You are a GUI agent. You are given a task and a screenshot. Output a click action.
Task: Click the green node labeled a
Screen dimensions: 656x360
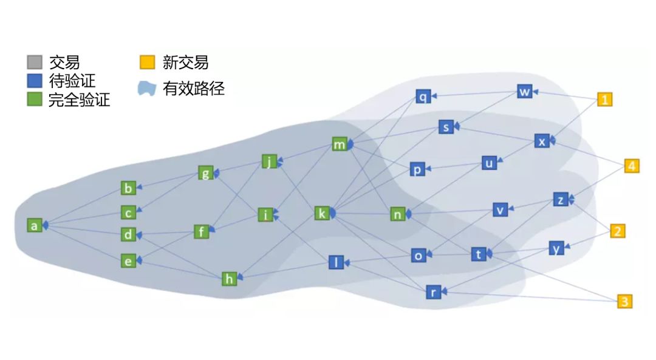[x=35, y=225]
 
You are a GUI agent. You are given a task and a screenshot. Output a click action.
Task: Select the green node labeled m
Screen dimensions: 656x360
[x=339, y=144]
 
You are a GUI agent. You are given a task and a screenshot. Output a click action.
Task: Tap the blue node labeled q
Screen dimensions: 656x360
[x=423, y=96]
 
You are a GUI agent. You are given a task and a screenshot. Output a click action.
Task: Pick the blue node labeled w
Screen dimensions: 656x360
[x=525, y=92]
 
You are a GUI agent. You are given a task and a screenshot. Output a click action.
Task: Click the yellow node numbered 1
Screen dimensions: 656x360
[x=604, y=100]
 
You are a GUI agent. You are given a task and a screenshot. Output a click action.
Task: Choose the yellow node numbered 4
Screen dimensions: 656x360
[x=632, y=166]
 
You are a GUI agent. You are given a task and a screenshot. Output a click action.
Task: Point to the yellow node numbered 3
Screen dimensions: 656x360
[x=624, y=301]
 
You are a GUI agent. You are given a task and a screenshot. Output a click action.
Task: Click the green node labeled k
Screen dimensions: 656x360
[x=322, y=213]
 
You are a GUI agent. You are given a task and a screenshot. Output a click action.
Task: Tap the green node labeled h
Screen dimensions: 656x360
[x=229, y=279]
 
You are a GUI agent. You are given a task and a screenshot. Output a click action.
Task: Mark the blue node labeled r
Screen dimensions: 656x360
[x=432, y=292]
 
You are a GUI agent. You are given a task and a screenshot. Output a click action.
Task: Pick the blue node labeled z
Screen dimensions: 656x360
[x=561, y=199]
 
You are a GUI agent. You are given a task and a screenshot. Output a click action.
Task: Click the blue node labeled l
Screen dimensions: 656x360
[x=336, y=262]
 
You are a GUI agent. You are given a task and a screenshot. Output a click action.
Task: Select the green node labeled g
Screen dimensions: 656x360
[x=206, y=173]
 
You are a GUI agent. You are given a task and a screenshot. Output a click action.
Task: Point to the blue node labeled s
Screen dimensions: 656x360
[x=446, y=127]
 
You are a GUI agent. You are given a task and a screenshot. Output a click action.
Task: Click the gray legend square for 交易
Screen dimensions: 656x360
[x=35, y=62]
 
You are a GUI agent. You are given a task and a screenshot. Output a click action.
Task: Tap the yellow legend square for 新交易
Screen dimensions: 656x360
[x=147, y=62]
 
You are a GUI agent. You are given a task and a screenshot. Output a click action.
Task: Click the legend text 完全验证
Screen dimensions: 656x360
[x=79, y=100]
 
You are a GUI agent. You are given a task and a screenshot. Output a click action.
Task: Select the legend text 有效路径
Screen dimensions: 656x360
[x=194, y=89]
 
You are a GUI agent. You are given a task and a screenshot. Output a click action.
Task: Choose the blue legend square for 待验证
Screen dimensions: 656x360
[x=35, y=81]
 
